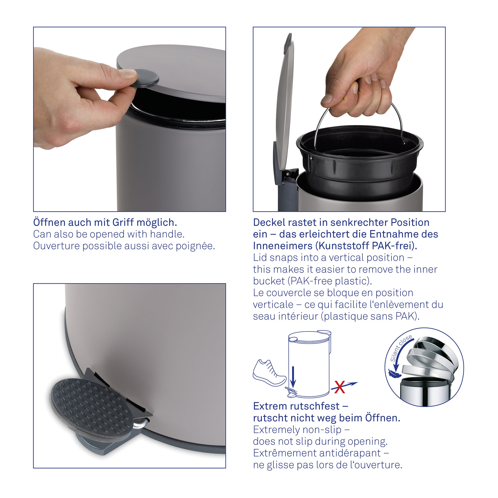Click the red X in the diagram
pos(339,387)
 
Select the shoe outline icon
pos(269,373)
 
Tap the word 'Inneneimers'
pos(283,246)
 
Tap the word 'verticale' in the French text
pos(273,305)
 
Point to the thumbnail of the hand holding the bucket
pos(349,119)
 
